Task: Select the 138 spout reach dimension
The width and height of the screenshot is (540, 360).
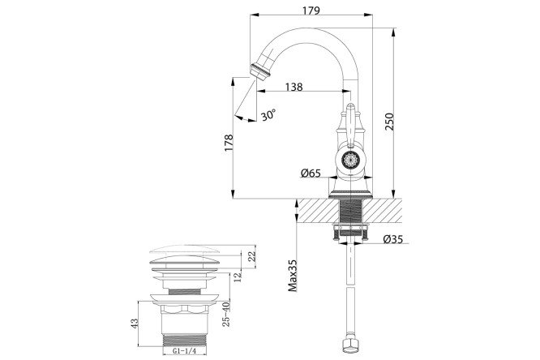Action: tap(294, 87)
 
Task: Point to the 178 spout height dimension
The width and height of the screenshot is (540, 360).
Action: tap(229, 143)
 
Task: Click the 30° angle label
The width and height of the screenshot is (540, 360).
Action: tap(268, 115)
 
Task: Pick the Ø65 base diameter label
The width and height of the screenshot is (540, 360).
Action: tap(311, 173)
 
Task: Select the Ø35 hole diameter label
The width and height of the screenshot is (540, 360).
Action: tap(393, 238)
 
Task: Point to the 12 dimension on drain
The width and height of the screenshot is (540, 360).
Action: tap(238, 276)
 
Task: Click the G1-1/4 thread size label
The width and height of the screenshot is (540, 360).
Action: tap(186, 353)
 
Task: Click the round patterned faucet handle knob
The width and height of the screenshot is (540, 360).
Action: tap(350, 159)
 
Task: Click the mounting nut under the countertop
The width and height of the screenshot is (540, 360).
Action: tap(350, 234)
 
